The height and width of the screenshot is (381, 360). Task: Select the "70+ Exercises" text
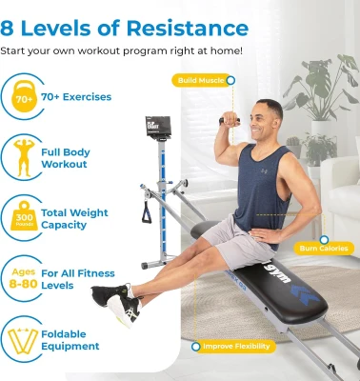point(75,97)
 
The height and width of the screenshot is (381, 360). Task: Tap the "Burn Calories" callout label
point(323,248)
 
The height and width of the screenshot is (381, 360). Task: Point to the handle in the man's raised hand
point(230,121)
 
